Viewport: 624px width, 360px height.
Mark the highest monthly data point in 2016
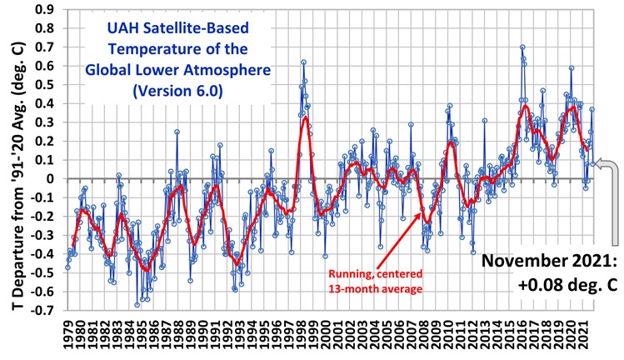click(522, 47)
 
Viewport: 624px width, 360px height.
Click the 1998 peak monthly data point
click(303, 62)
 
